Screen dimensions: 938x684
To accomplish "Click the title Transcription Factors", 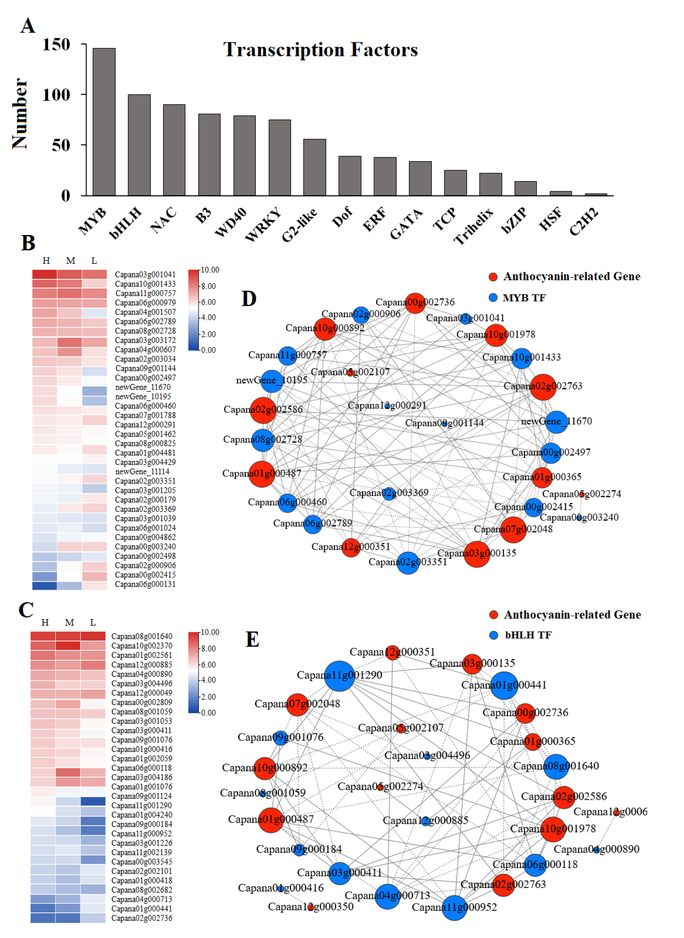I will tap(321, 50).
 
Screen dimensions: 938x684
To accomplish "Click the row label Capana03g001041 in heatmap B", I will tap(145, 274).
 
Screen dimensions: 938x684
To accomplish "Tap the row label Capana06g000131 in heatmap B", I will tap(145, 584).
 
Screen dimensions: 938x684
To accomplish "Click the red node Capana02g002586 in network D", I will tap(263, 410).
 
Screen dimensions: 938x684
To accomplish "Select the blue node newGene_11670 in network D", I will tap(556, 422).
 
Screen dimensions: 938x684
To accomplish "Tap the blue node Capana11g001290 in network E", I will tap(340, 676).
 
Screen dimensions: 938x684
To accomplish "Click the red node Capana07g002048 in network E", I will tap(297, 704).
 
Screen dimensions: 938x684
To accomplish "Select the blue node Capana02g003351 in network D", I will tap(408, 563).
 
